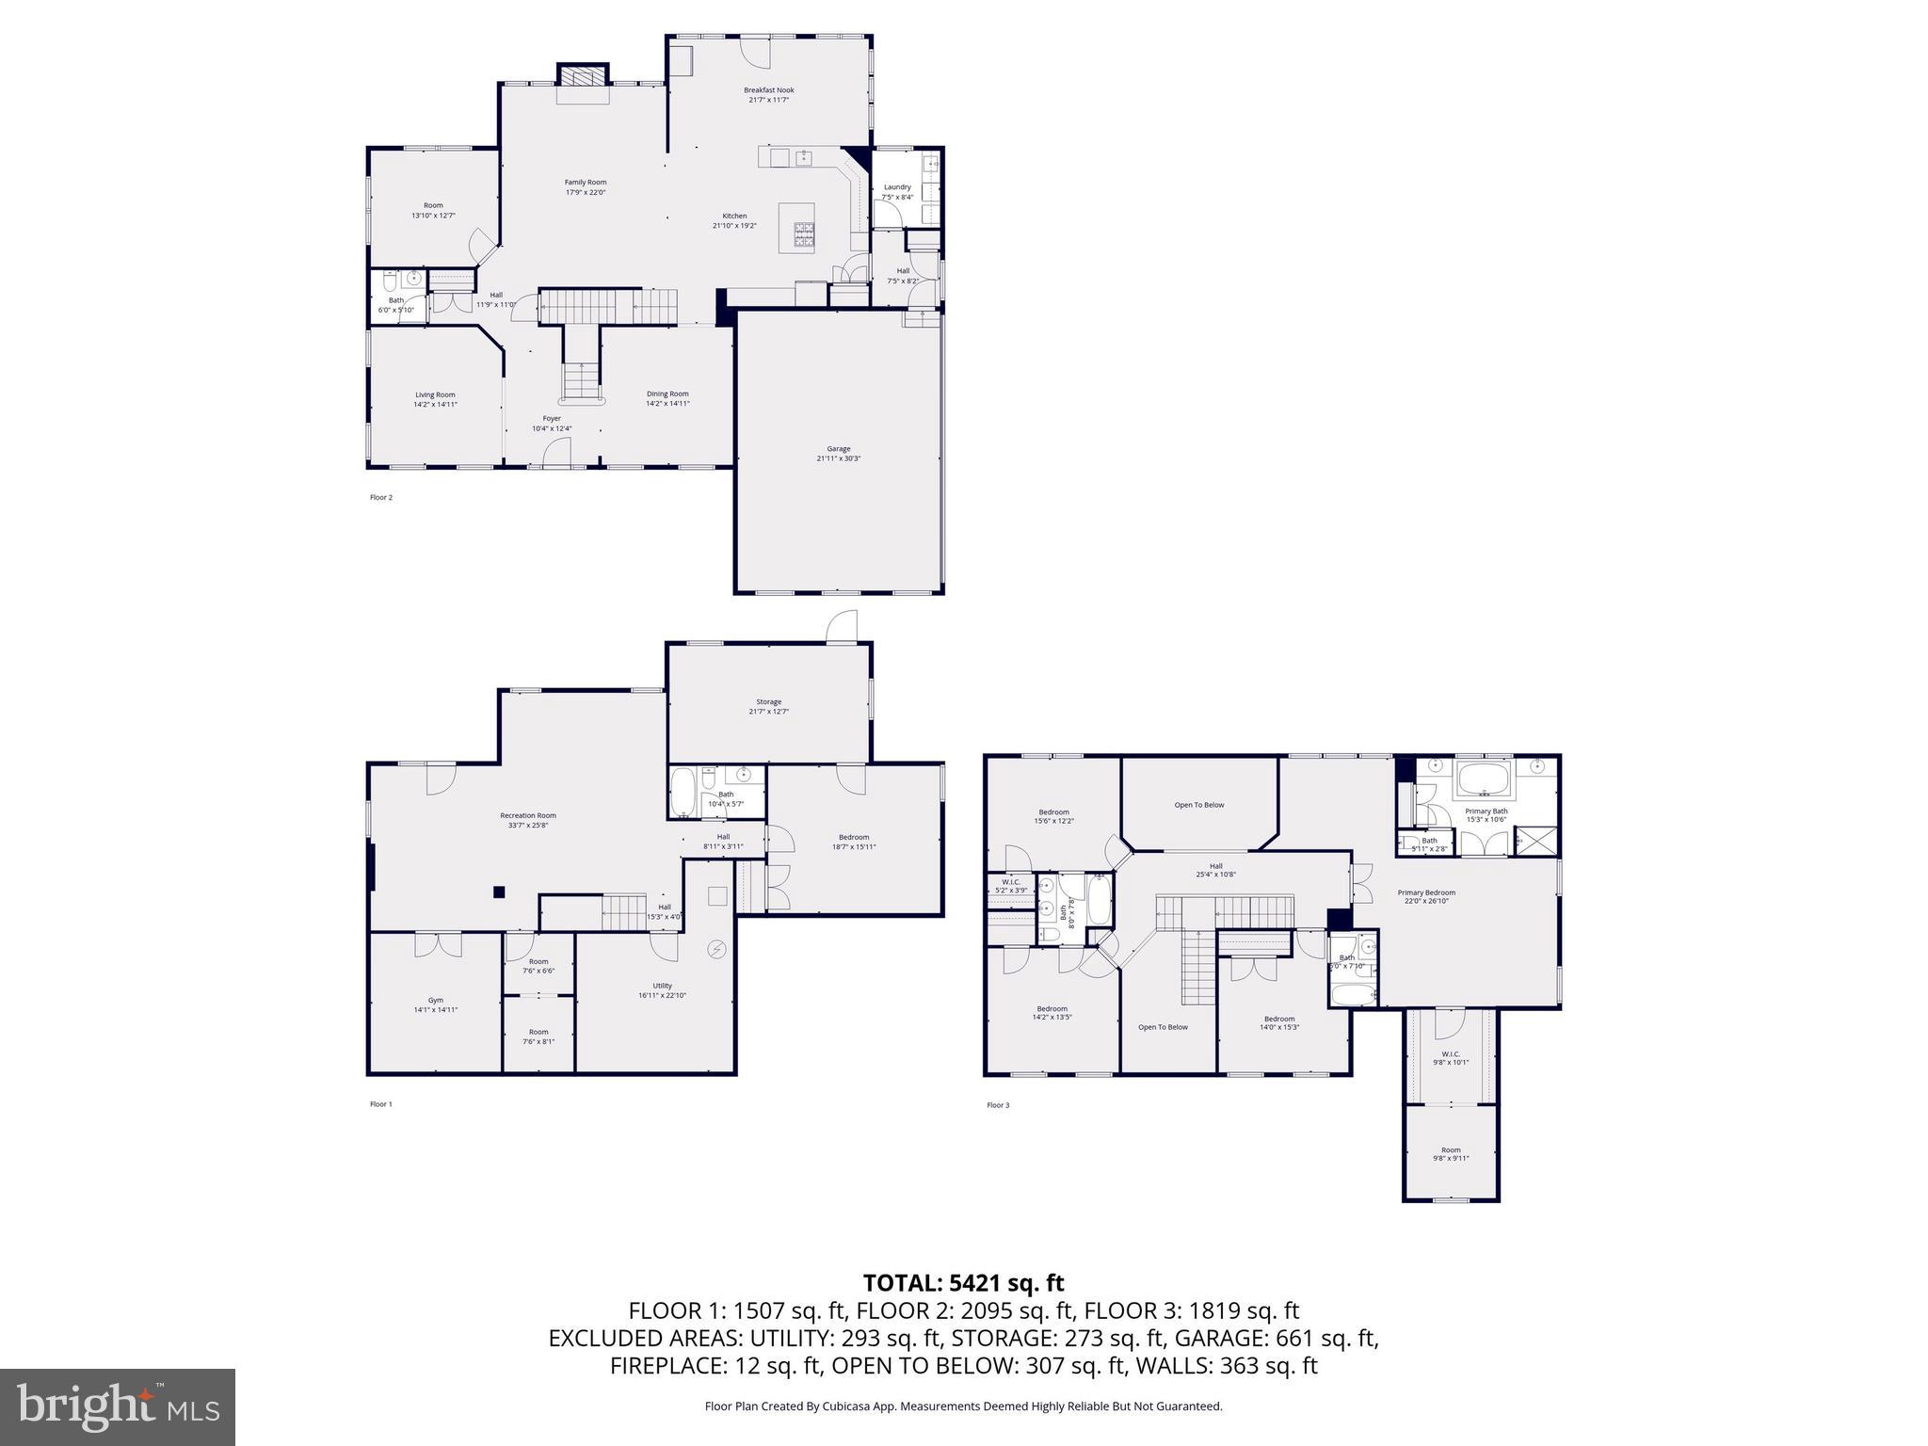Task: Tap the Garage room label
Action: click(x=838, y=449)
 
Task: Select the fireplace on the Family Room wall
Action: click(x=584, y=75)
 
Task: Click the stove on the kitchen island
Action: click(x=804, y=234)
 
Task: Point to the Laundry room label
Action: click(x=897, y=187)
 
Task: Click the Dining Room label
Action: click(x=667, y=394)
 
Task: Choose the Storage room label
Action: click(x=768, y=701)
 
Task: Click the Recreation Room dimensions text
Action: click(x=527, y=826)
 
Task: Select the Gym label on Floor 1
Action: click(x=435, y=1000)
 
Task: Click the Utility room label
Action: click(x=662, y=986)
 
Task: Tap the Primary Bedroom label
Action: click(x=1426, y=892)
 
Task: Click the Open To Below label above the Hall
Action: click(x=1199, y=805)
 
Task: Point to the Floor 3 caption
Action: click(x=998, y=1105)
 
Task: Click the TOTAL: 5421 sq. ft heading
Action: click(x=963, y=1283)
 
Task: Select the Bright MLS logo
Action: click(x=118, y=1406)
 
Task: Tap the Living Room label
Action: click(x=435, y=394)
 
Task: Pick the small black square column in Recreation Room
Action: click(x=501, y=892)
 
